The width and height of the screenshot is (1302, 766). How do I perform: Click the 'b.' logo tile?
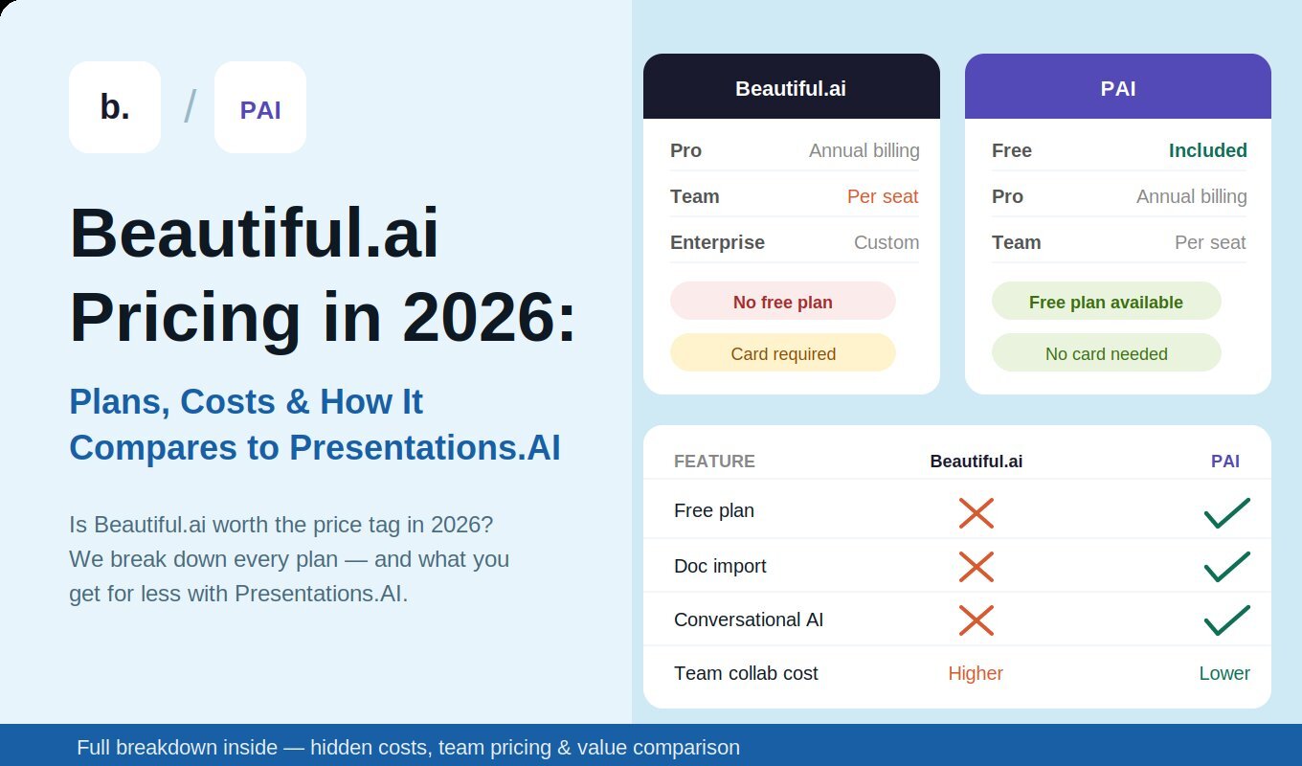[115, 107]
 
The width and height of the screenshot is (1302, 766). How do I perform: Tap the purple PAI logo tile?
[260, 107]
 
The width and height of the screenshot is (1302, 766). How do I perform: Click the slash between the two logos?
[190, 107]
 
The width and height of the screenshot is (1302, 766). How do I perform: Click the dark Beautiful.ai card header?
[791, 88]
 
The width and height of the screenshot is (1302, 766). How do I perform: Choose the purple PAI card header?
[1118, 88]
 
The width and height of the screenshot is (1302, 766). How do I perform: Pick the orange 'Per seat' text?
[883, 196]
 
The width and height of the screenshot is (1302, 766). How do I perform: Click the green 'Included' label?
[1207, 150]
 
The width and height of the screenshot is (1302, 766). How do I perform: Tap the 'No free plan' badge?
[782, 302]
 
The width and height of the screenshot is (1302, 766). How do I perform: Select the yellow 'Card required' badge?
[782, 353]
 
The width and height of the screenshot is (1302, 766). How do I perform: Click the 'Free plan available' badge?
[1106, 302]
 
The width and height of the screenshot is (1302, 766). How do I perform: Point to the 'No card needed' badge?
[1106, 353]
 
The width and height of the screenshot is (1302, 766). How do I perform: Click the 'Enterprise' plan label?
[717, 242]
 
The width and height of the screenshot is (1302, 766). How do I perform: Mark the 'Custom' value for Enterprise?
[887, 242]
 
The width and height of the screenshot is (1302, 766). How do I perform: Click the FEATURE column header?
[714, 462]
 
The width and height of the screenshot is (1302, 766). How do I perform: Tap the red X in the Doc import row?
[976, 566]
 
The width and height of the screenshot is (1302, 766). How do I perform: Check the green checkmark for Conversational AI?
[1226, 620]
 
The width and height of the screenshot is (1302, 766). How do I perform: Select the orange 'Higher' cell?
[976, 673]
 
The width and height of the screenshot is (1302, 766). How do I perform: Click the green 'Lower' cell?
[1224, 673]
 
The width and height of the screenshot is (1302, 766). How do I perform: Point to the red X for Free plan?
[976, 512]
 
